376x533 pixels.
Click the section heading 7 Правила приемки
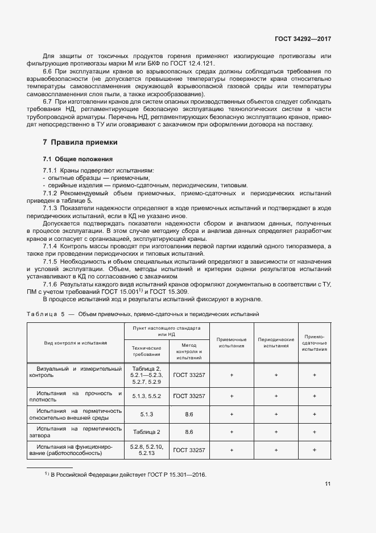pyautogui.click(x=80, y=141)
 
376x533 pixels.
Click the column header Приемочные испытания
pyautogui.click(x=233, y=342)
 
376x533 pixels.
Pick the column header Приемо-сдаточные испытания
pyautogui.click(x=315, y=342)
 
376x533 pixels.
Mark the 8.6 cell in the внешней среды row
pyautogui.click(x=189, y=413)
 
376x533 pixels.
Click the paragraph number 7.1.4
pyautogui.click(x=52, y=245)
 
